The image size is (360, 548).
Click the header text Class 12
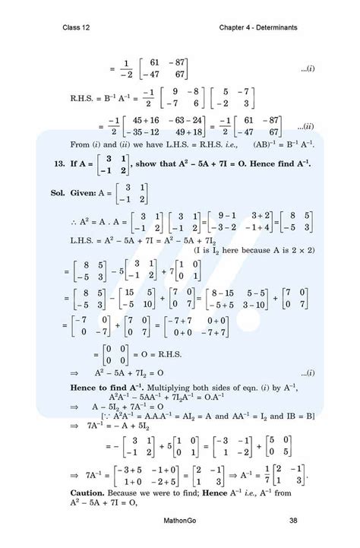(77, 28)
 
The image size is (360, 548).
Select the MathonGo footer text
(181, 521)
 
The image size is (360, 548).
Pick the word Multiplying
(189, 368)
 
